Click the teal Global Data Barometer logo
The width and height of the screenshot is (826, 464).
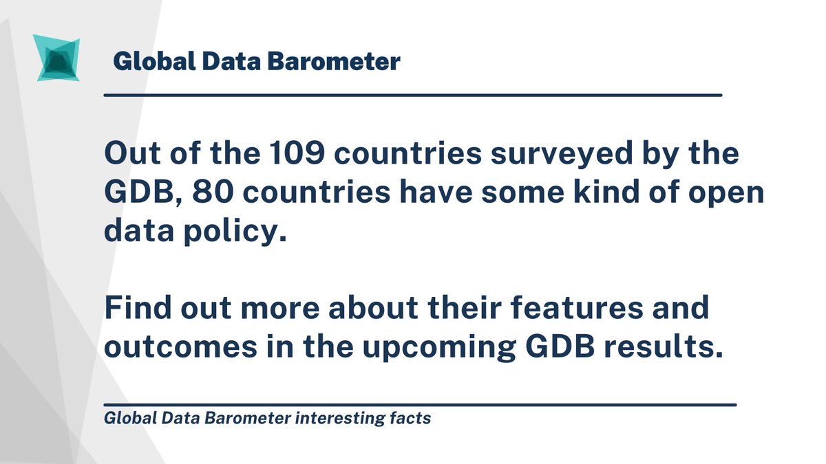[x=56, y=60]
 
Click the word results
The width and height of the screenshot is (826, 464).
[x=664, y=347]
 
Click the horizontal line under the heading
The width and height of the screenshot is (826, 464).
[x=412, y=95]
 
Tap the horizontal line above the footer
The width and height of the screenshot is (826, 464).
[x=420, y=405]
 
